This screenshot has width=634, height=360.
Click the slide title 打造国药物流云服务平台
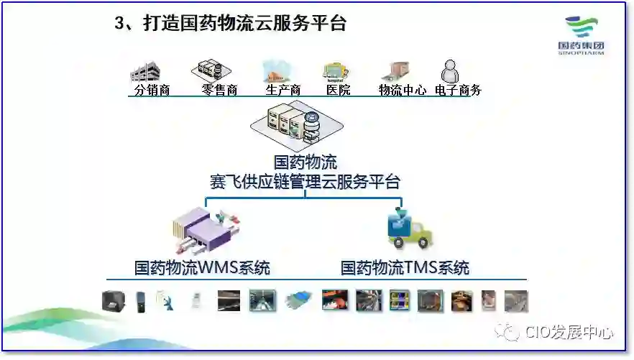(231, 24)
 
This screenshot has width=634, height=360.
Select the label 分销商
(152, 91)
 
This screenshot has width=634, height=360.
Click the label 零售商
(219, 91)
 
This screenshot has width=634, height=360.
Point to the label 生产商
(282, 91)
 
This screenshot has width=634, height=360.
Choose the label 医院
(339, 91)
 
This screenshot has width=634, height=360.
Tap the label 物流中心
(403, 91)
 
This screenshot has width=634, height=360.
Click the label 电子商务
(458, 91)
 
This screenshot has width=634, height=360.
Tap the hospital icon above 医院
(335, 70)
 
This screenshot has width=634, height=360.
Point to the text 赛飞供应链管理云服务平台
(305, 180)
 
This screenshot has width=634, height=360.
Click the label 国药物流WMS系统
(203, 269)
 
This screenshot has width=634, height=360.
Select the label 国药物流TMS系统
(405, 269)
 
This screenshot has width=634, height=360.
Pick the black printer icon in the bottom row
(112, 300)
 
